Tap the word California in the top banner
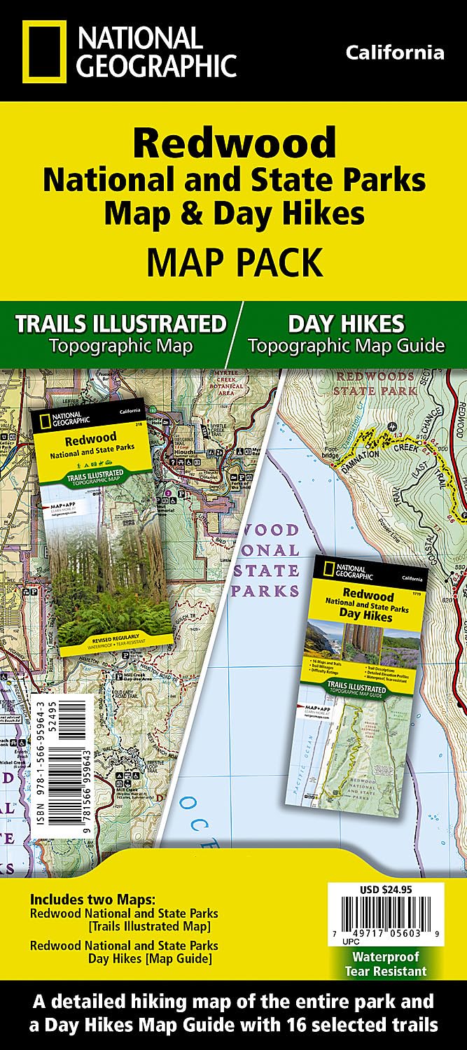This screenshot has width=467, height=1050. point(394,52)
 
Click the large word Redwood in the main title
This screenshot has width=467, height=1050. point(234,143)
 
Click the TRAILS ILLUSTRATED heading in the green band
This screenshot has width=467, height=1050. point(120,323)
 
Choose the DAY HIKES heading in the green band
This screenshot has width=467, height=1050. point(346,323)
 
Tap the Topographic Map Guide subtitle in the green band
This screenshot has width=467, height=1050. point(346,345)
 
